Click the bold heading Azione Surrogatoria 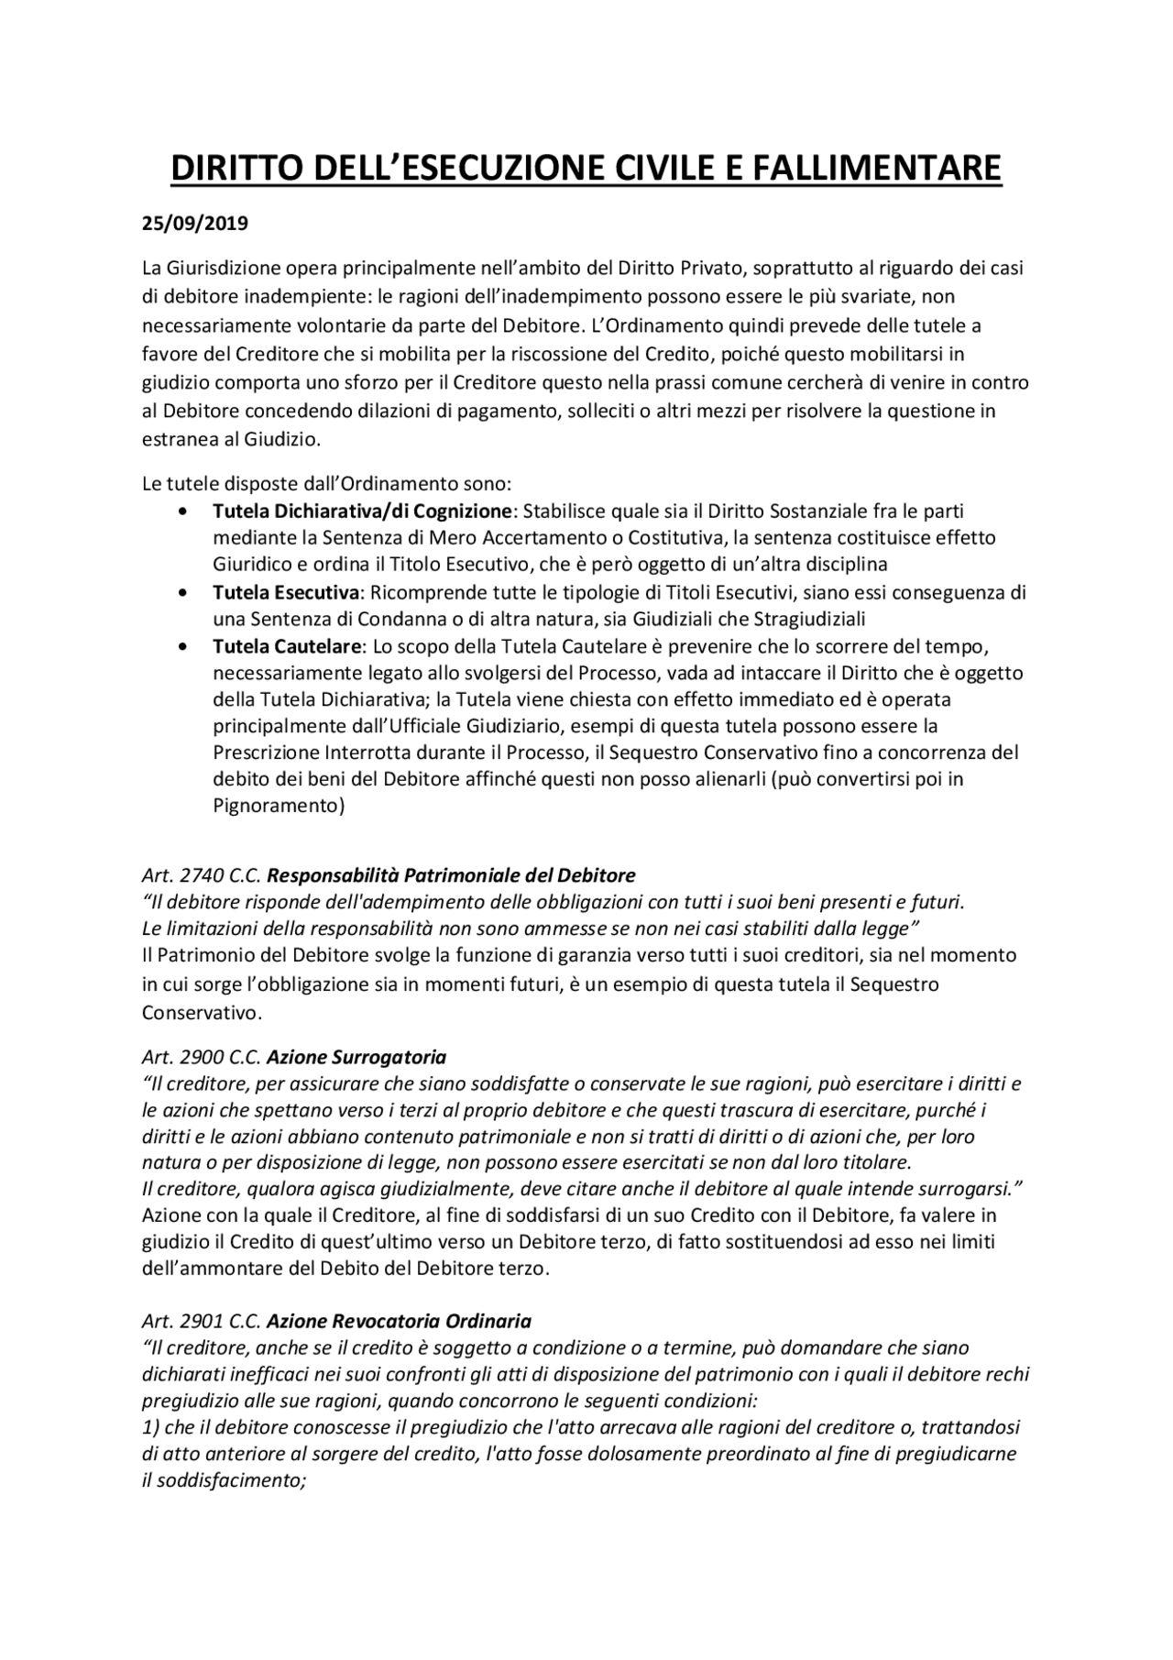pyautogui.click(x=356, y=1057)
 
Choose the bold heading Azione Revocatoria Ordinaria pyautogui.click(x=399, y=1322)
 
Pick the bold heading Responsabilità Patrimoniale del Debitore pyautogui.click(x=451, y=874)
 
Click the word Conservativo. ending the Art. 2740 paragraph pyautogui.click(x=202, y=1014)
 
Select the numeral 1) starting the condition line pyautogui.click(x=150, y=1428)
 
